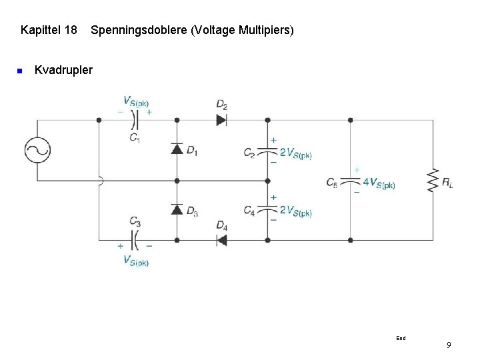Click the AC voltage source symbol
tap(37, 150)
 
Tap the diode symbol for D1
tap(177, 149)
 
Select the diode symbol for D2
tap(221, 120)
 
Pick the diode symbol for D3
tap(177, 209)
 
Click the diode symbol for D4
tap(221, 240)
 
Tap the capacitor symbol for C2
tap(267, 151)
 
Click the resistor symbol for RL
tap(433, 180)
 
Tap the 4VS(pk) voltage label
tap(379, 183)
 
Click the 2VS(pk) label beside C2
tap(295, 153)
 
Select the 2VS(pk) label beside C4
tap(295, 211)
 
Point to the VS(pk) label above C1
tap(136, 101)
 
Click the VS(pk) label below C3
tap(136, 260)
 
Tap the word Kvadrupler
tap(63, 69)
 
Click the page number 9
tap(449, 345)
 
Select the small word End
tap(401, 338)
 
